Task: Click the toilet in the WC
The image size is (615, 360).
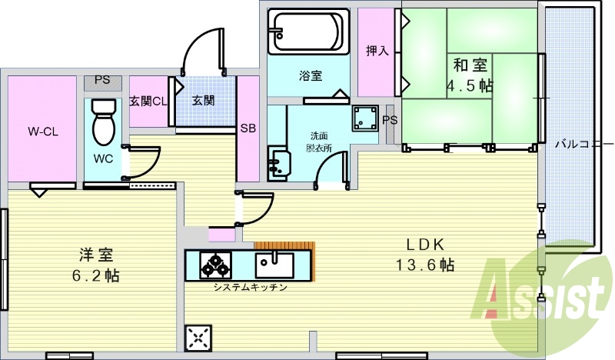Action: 104,122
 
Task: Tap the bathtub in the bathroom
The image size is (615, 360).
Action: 308,32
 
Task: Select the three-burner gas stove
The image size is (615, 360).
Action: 215,265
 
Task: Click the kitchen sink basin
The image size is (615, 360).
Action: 274,265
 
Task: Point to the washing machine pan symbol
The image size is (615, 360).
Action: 365,118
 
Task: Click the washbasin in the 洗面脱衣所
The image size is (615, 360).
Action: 279,163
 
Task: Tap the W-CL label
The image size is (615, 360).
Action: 43,132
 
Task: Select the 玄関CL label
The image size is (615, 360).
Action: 148,102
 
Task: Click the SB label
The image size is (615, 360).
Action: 248,128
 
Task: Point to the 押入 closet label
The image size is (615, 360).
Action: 377,51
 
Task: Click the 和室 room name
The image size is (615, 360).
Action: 470,65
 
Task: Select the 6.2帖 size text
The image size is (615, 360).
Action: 95,275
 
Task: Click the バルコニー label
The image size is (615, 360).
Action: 584,144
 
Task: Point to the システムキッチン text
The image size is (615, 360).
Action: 251,288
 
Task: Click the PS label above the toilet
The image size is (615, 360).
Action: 102,80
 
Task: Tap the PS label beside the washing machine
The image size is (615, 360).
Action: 390,120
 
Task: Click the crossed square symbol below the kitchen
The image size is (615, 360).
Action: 198,338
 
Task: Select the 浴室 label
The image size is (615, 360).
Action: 311,75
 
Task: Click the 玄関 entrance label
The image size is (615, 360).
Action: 203,101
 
